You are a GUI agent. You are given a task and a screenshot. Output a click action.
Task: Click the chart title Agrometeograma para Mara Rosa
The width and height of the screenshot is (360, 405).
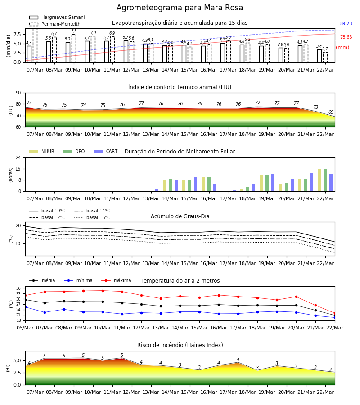tap(180, 8)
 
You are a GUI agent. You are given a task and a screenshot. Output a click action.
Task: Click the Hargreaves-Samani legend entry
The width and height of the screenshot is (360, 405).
tap(57, 17)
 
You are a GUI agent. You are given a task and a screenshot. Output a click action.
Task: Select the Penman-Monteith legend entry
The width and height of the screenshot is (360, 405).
tap(55, 24)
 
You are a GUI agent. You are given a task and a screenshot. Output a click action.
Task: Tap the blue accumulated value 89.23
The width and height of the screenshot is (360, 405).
tap(346, 23)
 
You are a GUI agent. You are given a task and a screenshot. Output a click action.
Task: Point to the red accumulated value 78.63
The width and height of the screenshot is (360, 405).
tap(346, 37)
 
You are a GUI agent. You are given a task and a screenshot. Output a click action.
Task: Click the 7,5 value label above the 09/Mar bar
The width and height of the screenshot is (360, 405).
tap(74, 31)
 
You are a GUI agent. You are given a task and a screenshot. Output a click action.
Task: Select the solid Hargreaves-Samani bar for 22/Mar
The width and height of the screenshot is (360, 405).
tap(319, 56)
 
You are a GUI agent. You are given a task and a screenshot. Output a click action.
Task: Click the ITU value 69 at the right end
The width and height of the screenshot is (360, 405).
tap(331, 112)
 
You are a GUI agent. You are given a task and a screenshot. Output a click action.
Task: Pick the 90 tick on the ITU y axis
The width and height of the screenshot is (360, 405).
tap(18, 93)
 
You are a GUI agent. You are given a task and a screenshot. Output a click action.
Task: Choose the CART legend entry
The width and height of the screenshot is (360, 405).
tap(106, 151)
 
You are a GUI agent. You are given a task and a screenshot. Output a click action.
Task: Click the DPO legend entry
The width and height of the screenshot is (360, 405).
tap(74, 151)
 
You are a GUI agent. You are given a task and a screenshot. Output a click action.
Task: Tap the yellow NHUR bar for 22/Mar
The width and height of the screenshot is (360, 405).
tap(319, 180)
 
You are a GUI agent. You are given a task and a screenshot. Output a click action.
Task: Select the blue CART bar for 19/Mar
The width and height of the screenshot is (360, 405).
tap(273, 183)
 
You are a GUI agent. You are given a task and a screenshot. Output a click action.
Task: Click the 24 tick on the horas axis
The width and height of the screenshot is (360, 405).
tap(18, 157)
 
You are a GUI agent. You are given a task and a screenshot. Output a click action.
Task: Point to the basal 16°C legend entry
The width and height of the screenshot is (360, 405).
tap(92, 217)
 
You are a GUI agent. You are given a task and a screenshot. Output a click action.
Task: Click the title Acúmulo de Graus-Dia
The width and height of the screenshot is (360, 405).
tap(180, 216)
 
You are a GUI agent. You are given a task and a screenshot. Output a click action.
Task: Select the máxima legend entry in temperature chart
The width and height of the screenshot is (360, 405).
tap(116, 280)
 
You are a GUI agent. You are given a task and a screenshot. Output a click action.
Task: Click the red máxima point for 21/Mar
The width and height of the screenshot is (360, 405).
tap(315, 306)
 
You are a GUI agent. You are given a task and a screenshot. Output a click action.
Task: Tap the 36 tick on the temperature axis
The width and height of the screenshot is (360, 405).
tap(18, 288)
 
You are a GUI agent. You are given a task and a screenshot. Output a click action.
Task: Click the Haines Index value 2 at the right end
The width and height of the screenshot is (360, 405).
tap(331, 369)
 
